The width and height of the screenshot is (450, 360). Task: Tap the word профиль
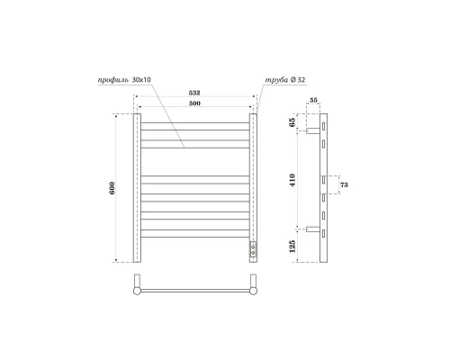tap(114, 81)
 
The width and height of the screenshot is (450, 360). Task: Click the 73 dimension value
tap(343, 185)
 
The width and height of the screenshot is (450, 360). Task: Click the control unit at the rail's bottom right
tap(253, 248)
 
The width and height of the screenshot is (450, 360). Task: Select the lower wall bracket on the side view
tap(312, 229)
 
